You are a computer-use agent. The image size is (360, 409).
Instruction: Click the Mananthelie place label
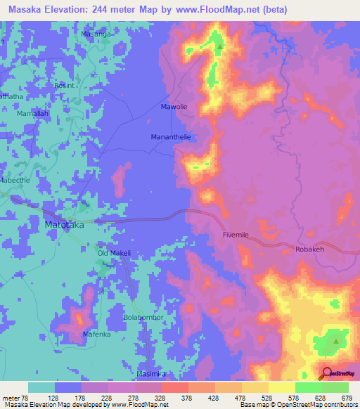(x=172, y=138)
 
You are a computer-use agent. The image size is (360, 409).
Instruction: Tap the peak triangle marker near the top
(x=220, y=48)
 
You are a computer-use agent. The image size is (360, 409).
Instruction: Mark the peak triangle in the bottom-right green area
(x=336, y=342)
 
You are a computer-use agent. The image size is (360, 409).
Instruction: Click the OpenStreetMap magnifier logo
(x=326, y=373)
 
